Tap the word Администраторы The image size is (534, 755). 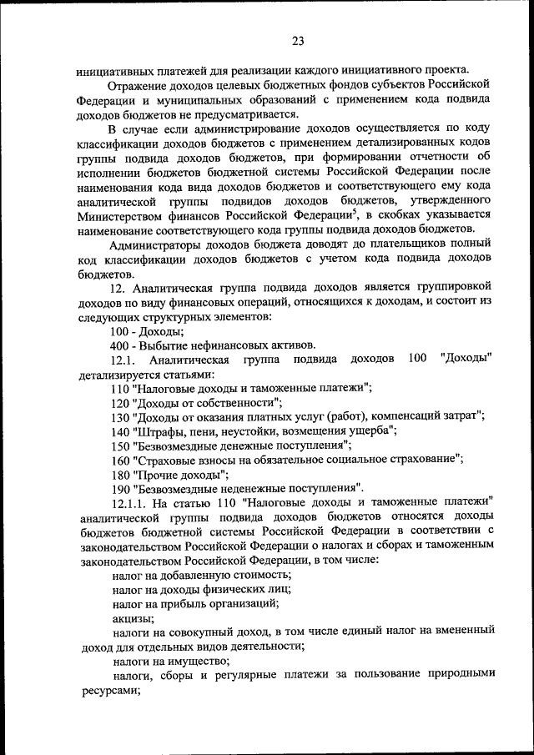(x=155, y=244)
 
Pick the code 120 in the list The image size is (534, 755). (x=121, y=402)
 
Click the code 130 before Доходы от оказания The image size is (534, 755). (x=121, y=416)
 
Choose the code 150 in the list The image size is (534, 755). (x=121, y=445)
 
